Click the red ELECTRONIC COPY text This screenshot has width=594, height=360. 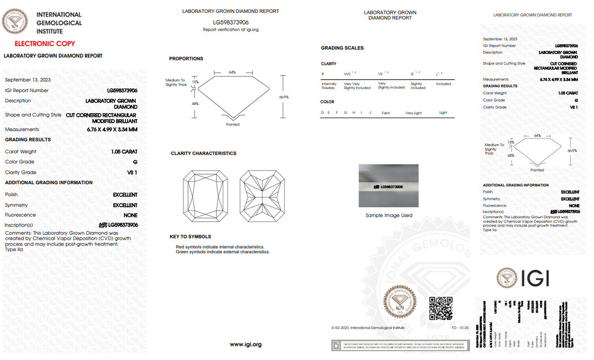coord(45,43)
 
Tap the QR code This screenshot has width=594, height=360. coord(441,308)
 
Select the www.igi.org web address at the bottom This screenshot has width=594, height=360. coord(245,345)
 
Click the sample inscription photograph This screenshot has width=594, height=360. coord(388,186)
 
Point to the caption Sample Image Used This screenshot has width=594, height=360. coord(388,215)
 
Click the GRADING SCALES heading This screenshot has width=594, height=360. coord(342,48)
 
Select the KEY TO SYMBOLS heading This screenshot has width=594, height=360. coord(190,236)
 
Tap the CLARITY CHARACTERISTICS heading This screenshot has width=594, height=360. coord(204,153)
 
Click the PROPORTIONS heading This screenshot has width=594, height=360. coord(186,59)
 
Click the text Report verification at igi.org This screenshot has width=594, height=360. coord(230,30)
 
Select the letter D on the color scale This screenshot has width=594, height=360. coord(322,113)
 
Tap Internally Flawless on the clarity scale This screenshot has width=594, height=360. coord(328,86)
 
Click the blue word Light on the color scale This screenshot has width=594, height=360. coord(443,113)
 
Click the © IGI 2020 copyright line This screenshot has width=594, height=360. coord(368,328)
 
